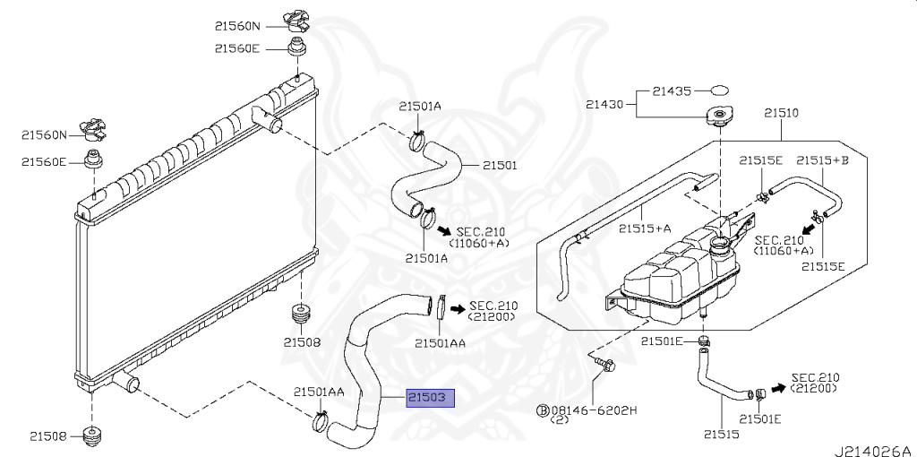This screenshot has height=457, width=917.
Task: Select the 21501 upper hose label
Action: [501, 165]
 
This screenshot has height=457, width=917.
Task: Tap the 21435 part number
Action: [671, 91]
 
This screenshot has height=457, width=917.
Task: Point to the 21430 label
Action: [606, 105]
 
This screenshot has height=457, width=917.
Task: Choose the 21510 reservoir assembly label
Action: [781, 114]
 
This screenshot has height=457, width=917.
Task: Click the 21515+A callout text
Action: [645, 228]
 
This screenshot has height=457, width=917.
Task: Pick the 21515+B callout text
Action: [822, 159]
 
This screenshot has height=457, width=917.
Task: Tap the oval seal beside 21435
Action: [721, 91]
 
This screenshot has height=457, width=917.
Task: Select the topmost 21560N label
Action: [236, 26]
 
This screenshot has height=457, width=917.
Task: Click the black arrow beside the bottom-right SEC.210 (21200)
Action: [777, 388]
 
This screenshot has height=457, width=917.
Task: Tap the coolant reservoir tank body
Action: [681, 273]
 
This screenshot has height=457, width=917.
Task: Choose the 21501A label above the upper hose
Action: [420, 106]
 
